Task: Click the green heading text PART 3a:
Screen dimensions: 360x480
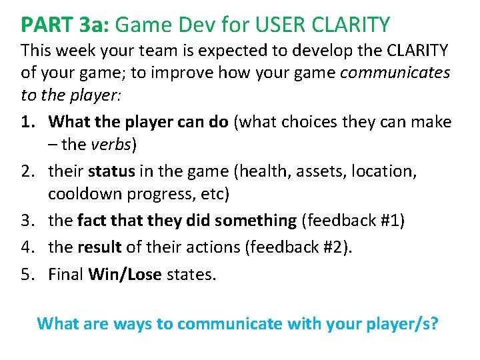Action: (x=66, y=25)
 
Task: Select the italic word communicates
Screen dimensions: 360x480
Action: (x=395, y=73)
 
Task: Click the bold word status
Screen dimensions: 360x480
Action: (x=111, y=171)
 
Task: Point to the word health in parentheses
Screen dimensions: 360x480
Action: (x=261, y=171)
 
